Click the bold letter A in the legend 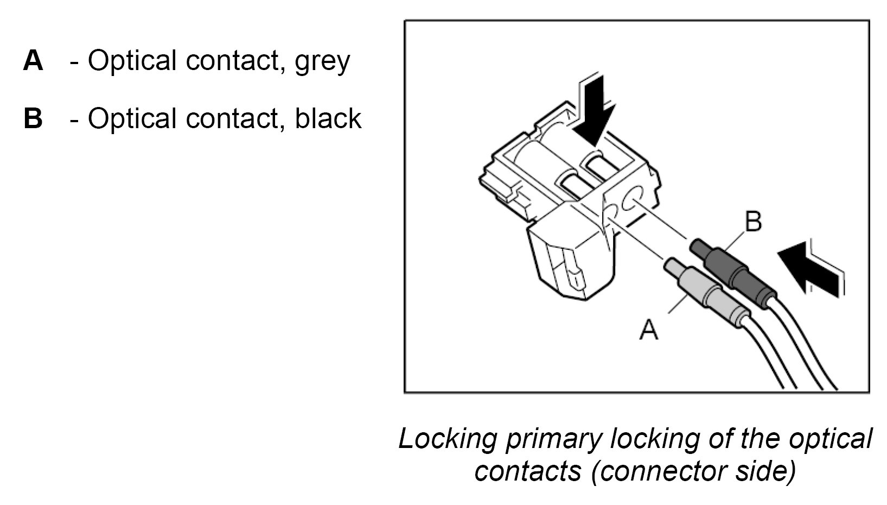(33, 60)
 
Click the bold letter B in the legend (33, 118)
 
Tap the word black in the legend (328, 118)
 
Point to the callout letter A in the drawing (649, 329)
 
